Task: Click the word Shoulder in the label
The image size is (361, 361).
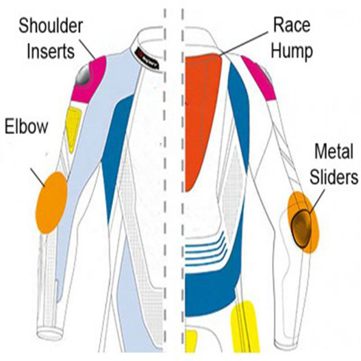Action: click(51, 26)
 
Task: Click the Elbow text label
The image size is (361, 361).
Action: click(26, 126)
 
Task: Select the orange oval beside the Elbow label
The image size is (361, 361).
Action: click(52, 202)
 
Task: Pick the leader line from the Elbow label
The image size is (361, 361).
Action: click(38, 177)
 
